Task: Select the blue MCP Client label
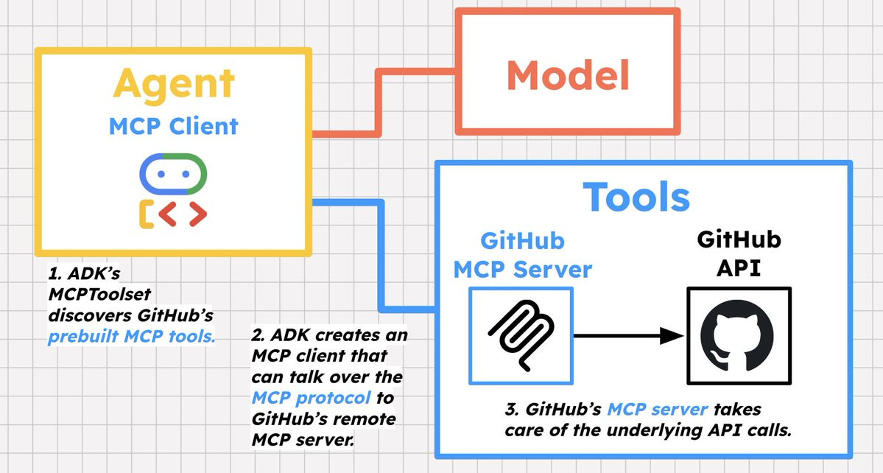[x=174, y=126]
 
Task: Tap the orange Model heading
[x=568, y=75]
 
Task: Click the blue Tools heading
[x=636, y=197]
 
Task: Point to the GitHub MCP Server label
[x=523, y=255]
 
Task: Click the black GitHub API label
[x=739, y=253]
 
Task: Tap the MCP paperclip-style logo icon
[x=521, y=336]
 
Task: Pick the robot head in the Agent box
[x=174, y=174]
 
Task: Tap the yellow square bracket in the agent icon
[x=147, y=214]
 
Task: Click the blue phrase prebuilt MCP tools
[x=131, y=337]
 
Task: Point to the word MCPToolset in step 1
[x=99, y=295]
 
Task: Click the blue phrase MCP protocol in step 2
[x=312, y=398]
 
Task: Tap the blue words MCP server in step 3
[x=657, y=409]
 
